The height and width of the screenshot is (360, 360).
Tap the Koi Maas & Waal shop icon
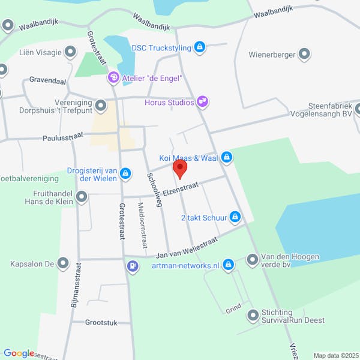[x=226, y=158]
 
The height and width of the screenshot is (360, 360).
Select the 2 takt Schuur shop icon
[x=236, y=217]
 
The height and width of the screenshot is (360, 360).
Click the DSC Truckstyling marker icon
[x=200, y=47]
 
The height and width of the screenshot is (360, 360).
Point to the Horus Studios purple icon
[x=203, y=102]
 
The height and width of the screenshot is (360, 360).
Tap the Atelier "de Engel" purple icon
[x=113, y=77]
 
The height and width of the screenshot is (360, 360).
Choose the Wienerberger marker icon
[x=305, y=55]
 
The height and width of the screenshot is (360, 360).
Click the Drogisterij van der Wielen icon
[x=125, y=174]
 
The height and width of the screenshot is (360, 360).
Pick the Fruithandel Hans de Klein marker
[x=82, y=196]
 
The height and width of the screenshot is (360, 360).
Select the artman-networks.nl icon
[x=228, y=265]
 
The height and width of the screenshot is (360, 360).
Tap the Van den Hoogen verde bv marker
[x=252, y=260]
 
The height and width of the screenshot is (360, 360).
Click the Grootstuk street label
[x=101, y=322]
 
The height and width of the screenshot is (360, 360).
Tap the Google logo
[x=18, y=353]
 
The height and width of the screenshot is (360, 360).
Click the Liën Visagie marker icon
[x=71, y=52]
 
